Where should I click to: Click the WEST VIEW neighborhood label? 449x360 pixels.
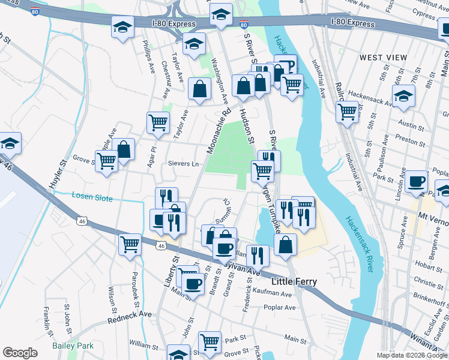[384, 57]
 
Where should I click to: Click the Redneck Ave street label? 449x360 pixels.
[130, 317]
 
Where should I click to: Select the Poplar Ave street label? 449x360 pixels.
[280, 307]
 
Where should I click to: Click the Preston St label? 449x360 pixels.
[411, 144]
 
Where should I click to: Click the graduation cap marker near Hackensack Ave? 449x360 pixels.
[403, 96]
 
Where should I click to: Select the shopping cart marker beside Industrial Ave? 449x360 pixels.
[347, 111]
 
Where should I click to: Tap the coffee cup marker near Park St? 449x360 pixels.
[416, 181]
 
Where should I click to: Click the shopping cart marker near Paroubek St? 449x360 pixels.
[130, 244]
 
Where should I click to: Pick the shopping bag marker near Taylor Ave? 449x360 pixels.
[199, 89]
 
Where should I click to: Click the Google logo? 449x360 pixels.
[20, 353]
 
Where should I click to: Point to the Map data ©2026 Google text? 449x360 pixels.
[412, 355]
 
